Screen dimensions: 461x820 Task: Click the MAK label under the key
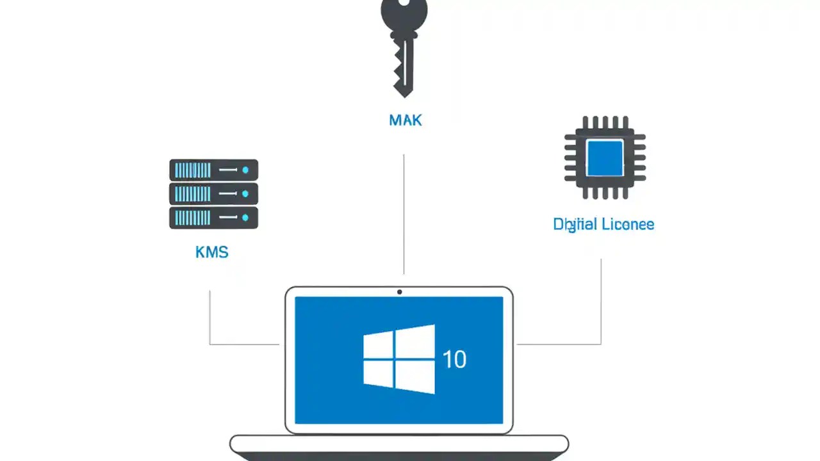tap(405, 120)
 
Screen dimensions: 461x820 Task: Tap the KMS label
tap(211, 252)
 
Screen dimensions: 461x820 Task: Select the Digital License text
tap(603, 224)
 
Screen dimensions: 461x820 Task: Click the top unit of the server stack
tap(213, 170)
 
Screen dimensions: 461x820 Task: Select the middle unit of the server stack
tap(213, 193)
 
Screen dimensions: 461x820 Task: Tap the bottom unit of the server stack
tap(213, 218)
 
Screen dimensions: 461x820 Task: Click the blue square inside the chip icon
tap(605, 158)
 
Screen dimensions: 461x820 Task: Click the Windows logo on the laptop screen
tap(398, 359)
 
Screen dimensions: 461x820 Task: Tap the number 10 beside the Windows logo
tap(454, 360)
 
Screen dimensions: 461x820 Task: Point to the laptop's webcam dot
tap(399, 292)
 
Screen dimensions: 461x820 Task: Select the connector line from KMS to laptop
tap(210, 320)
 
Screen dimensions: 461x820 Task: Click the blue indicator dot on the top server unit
tap(245, 170)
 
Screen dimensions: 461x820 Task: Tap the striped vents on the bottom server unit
tap(192, 218)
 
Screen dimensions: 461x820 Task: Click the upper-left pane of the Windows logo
tap(378, 345)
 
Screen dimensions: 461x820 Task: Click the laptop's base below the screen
tap(398, 444)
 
